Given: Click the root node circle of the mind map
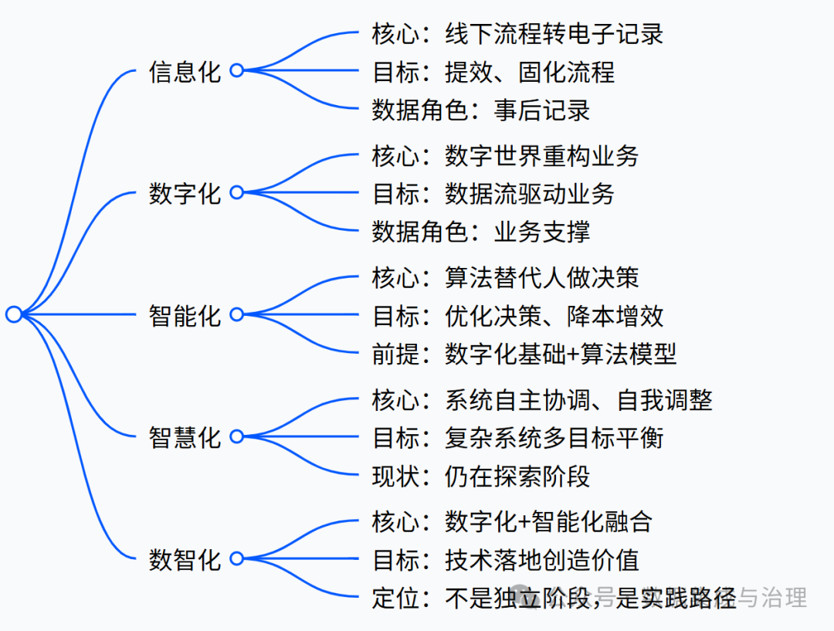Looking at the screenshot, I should coord(14,314).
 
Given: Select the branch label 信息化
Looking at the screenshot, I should coord(185,72).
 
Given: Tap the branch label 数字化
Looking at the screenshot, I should coord(185,193).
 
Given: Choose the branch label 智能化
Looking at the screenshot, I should coord(185,315).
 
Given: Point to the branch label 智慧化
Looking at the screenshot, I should coord(185,437).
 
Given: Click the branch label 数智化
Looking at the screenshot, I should coord(185,558).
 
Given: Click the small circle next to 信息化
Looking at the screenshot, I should coord(237,70).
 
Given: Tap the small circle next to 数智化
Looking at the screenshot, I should coord(237,558).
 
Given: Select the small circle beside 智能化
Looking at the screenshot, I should coord(237,314).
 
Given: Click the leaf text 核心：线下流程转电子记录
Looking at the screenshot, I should coord(517,34).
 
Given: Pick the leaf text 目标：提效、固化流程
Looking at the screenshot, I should coord(493,72).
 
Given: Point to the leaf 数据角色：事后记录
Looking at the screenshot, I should coord(480,110).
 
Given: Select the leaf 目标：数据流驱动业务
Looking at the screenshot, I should coord(493,193).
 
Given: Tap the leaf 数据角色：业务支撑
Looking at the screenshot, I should coord(480,231).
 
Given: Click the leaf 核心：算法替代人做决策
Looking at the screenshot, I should coord(505,277).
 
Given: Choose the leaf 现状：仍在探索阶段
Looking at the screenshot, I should coord(480,476).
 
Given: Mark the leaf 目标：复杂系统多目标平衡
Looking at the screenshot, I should coord(517,438).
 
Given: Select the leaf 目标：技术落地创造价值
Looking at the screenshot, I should coord(505,560).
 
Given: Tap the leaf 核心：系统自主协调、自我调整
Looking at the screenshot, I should coord(541,400).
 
